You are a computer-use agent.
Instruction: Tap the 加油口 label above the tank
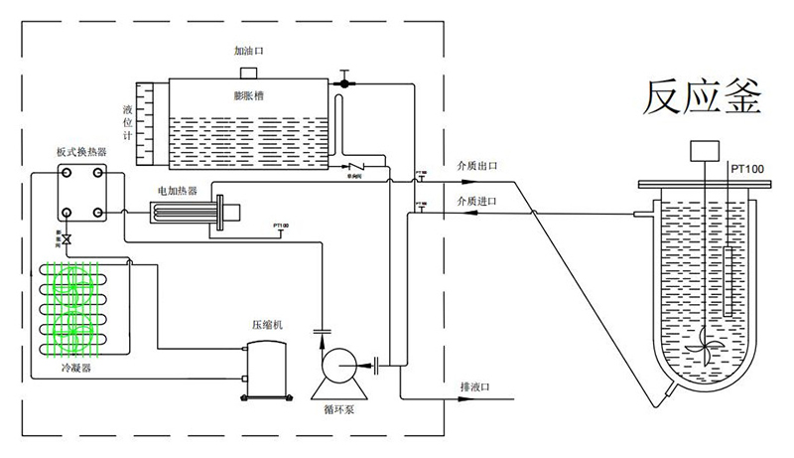[249, 51]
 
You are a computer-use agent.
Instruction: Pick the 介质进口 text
[475, 201]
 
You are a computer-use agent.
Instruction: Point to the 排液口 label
[475, 385]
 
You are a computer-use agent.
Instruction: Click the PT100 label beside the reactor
[746, 169]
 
